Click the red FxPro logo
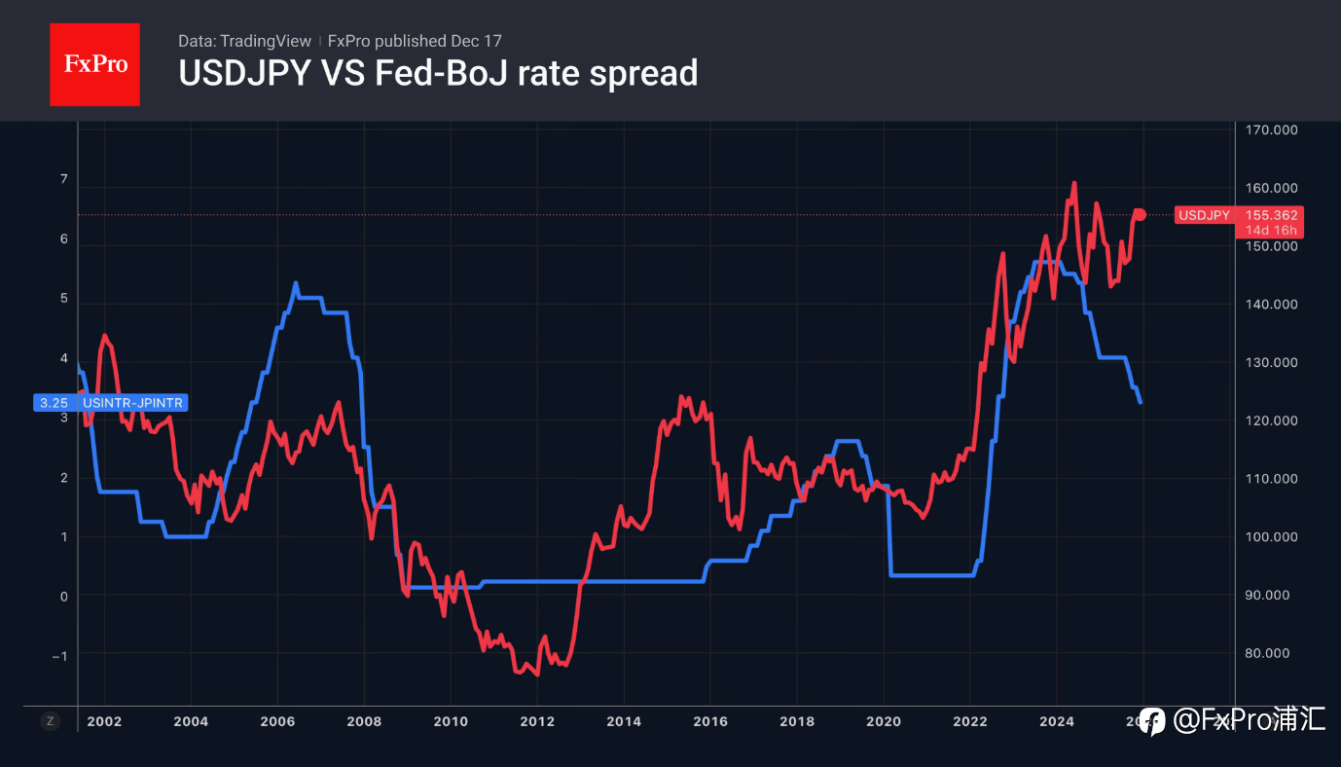coord(94,64)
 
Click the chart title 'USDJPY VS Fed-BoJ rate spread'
coord(438,73)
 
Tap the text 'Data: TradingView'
coord(244,41)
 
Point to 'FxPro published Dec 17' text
coord(415,41)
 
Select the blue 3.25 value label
coord(54,402)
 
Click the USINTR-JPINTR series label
coord(132,402)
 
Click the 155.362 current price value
coord(1271,215)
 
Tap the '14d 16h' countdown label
coord(1272,231)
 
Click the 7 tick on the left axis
coord(64,179)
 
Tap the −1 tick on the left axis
coord(61,656)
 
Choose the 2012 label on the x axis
coord(537,721)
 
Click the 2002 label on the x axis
coord(104,721)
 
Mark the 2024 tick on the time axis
coord(1057,721)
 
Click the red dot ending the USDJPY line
coord(1141,215)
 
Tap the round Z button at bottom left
coord(51,721)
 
